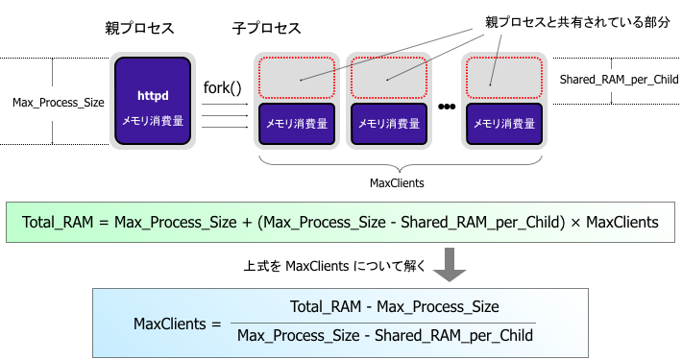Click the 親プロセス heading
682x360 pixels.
click(139, 29)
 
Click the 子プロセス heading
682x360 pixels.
click(266, 29)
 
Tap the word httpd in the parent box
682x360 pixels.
click(153, 96)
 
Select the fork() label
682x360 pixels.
click(223, 88)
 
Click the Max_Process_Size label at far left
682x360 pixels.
click(58, 101)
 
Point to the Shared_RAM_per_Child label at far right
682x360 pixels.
click(619, 79)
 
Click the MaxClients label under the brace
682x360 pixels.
click(397, 181)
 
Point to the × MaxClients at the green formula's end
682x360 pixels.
click(615, 223)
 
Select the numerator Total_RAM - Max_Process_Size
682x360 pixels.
click(394, 307)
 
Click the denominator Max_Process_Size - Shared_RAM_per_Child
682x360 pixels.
click(384, 335)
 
